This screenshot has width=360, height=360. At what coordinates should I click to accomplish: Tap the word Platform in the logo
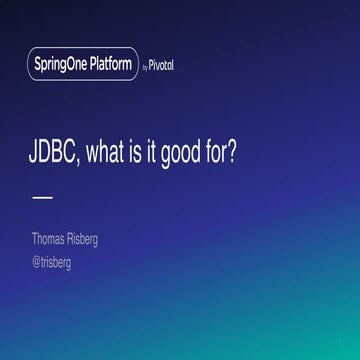pyautogui.click(x=109, y=64)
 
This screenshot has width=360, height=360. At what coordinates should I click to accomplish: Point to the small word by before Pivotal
pyautogui.click(x=147, y=66)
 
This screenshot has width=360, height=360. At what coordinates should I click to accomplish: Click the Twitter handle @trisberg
pyautogui.click(x=52, y=263)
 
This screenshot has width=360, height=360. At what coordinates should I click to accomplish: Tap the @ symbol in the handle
pyautogui.click(x=36, y=263)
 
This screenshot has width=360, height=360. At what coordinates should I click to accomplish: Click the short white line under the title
pyautogui.click(x=42, y=197)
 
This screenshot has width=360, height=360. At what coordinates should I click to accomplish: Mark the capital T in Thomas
pyautogui.click(x=35, y=240)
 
